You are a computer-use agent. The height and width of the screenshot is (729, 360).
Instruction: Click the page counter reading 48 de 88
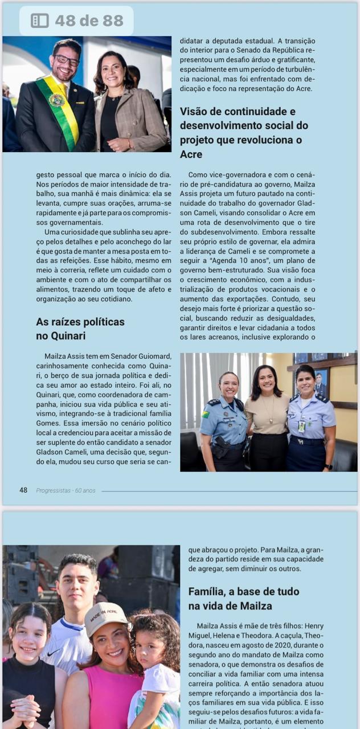pos(89,21)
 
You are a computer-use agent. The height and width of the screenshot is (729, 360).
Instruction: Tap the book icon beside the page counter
pos(39,21)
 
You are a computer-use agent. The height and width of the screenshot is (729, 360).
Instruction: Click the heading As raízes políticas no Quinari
pos(80,329)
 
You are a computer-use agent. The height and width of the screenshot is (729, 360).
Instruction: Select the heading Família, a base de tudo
pos(243,592)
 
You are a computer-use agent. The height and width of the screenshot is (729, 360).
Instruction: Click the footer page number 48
pos(23,490)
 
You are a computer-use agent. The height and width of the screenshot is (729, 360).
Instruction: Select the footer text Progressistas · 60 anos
pos(66,490)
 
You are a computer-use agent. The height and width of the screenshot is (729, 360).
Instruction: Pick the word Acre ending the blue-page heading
pos(191,154)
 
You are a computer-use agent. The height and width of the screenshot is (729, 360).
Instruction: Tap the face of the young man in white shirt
pos(77,586)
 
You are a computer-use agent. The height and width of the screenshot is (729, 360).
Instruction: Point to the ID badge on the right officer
pos(301,426)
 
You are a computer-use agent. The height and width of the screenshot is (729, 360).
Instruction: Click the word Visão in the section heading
pos(197,112)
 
